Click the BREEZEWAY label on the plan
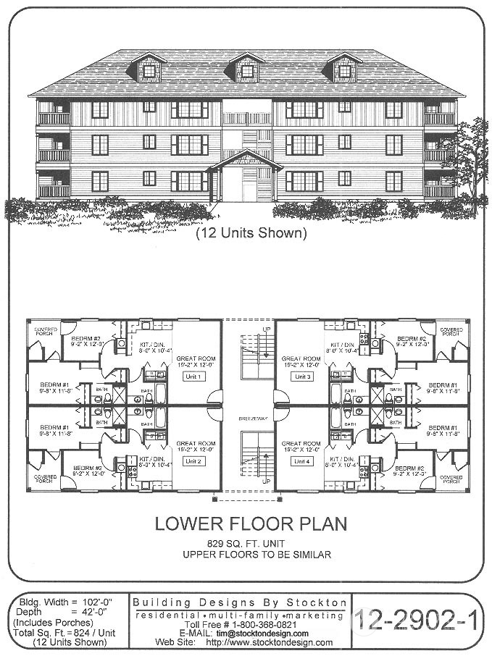pyautogui.click(x=248, y=419)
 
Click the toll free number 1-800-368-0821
pyautogui.click(x=261, y=624)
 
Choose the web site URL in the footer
pyautogui.click(x=270, y=642)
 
